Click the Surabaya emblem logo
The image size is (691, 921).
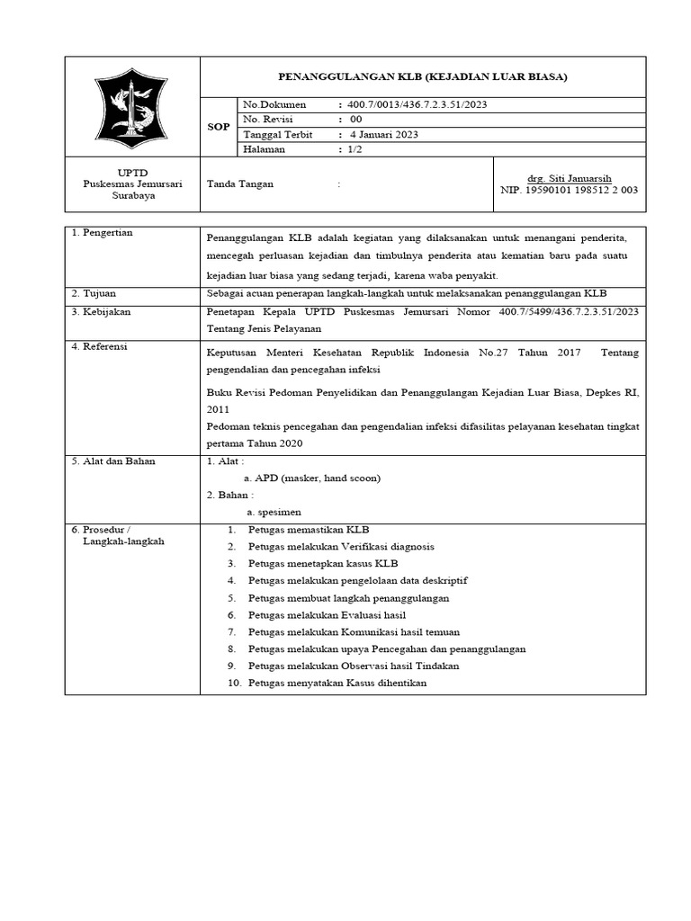131,107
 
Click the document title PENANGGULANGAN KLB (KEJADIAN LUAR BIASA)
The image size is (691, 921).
421,77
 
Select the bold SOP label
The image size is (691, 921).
218,127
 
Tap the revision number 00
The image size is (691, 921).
356,119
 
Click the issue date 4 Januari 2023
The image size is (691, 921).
384,134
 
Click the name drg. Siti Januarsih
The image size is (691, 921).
569,178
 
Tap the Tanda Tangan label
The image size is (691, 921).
240,183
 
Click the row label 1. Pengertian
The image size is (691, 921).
102,233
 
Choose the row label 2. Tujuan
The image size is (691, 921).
94,293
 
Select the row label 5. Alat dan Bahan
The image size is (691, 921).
113,461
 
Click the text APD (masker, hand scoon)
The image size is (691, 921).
312,478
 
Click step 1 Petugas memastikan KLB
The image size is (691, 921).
309,530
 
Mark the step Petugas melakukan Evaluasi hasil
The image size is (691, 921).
328,614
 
